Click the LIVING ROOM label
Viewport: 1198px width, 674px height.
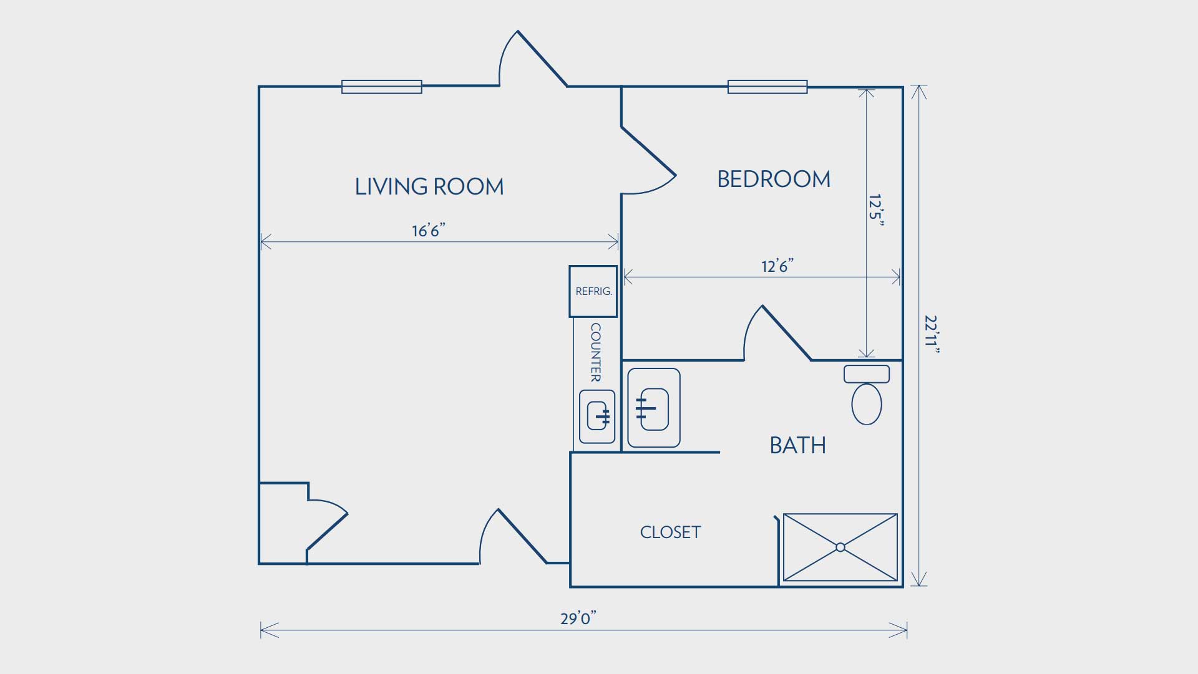(x=429, y=186)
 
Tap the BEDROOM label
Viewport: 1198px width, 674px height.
(x=774, y=180)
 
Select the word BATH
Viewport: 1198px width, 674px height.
(x=798, y=445)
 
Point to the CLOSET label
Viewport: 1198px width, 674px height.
(x=671, y=532)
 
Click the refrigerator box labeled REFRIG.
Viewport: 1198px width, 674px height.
(x=593, y=291)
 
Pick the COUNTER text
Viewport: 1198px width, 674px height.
(x=596, y=352)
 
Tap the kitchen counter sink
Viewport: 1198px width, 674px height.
(x=597, y=416)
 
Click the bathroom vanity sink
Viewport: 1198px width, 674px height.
(x=654, y=408)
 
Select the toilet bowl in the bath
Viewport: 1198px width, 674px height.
(x=867, y=404)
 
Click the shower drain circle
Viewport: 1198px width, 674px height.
(x=840, y=547)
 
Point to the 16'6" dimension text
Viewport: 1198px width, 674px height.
(x=428, y=231)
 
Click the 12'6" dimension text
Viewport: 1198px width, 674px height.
(x=777, y=266)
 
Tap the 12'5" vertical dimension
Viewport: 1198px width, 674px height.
(x=877, y=210)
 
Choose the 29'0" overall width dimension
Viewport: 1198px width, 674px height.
(x=578, y=618)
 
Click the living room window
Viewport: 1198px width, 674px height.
(x=382, y=87)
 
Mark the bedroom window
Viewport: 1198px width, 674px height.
(x=767, y=87)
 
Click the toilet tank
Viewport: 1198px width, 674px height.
(x=867, y=374)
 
